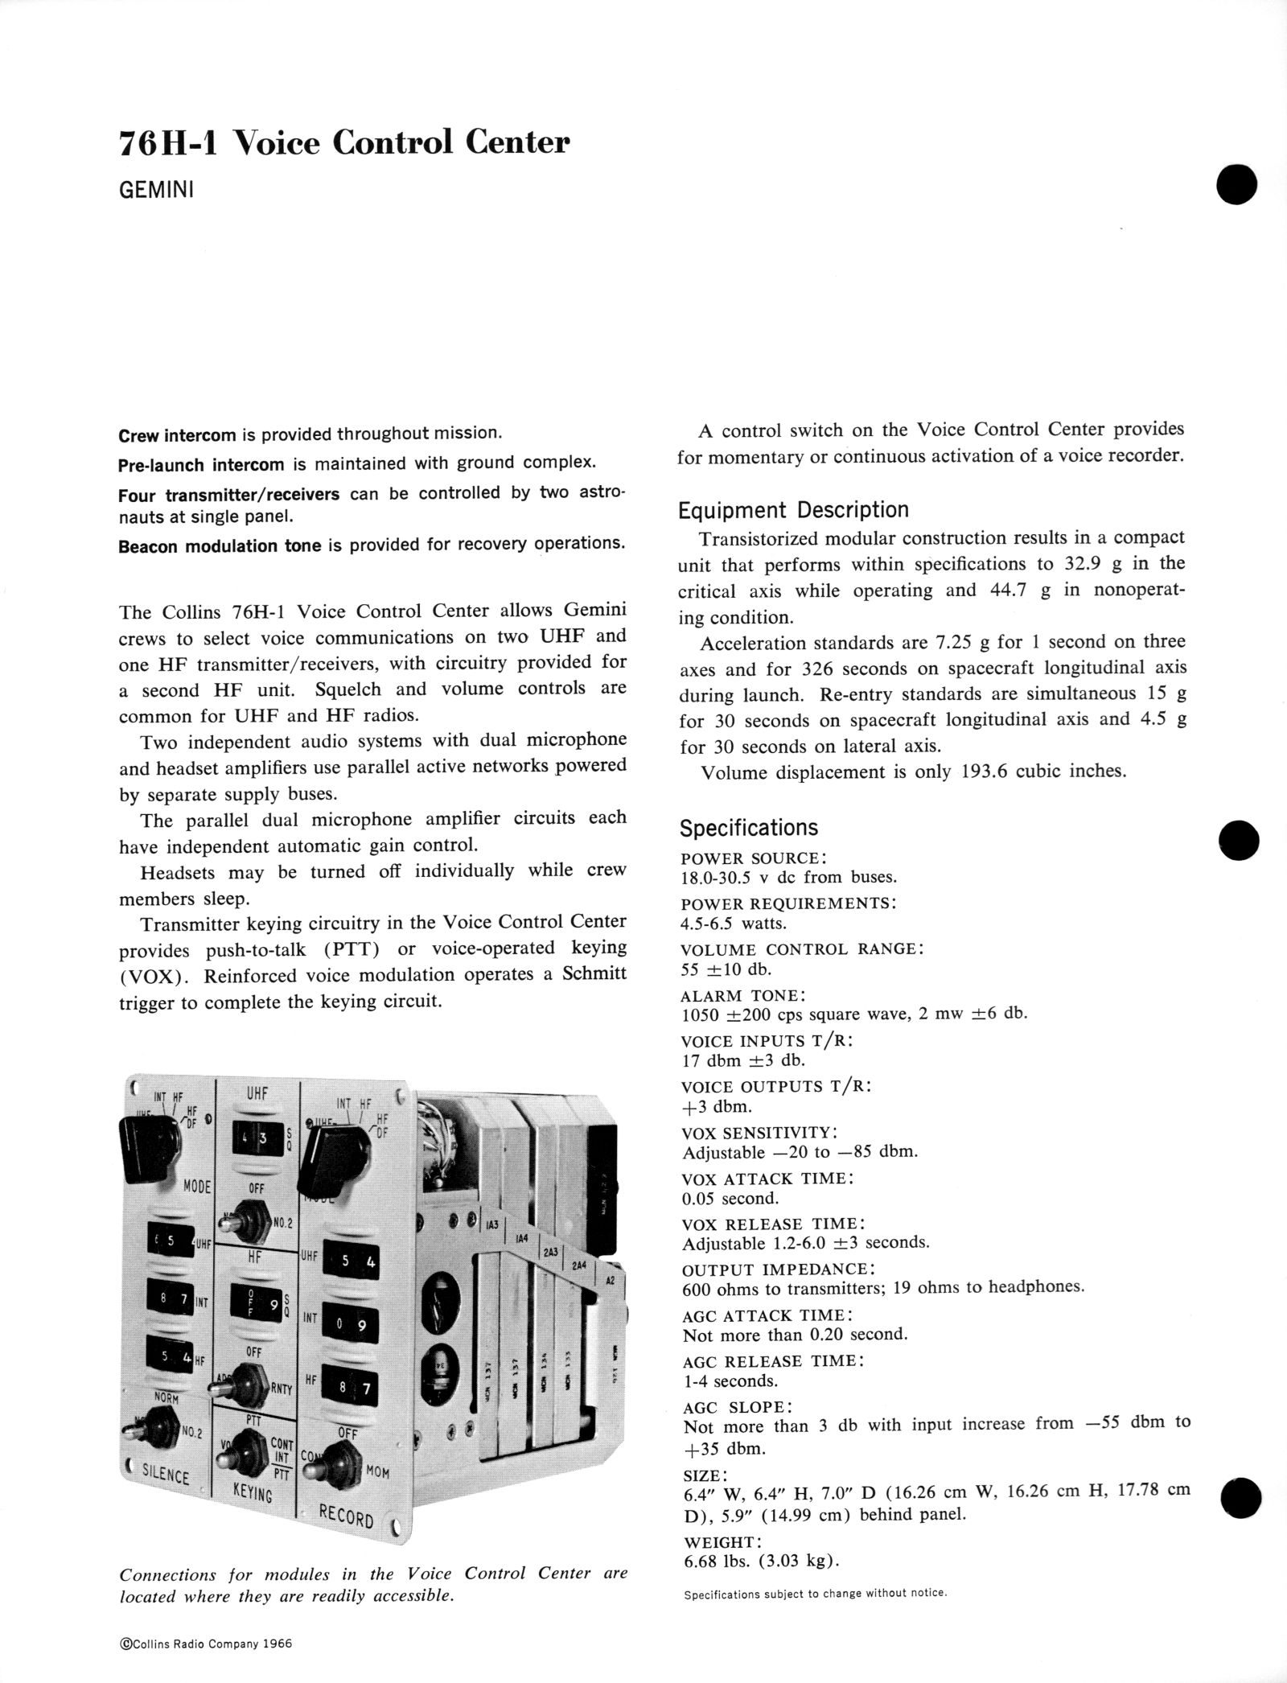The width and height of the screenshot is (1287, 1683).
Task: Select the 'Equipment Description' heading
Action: click(x=793, y=510)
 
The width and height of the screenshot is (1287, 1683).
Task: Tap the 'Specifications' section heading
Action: click(x=748, y=828)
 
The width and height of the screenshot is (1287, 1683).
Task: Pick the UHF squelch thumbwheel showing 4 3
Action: click(x=252, y=1142)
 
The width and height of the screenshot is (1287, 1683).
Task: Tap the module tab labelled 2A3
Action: click(x=551, y=1253)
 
